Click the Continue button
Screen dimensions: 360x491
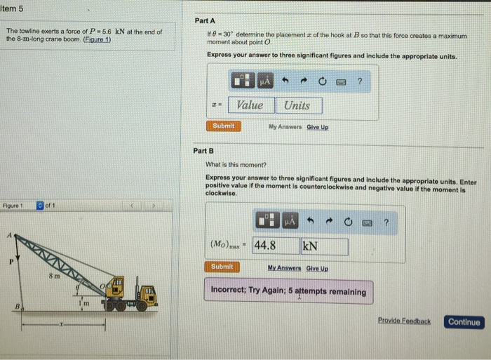pos(464,322)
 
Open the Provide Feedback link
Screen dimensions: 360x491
pos(404,321)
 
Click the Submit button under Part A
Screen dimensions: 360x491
pos(223,126)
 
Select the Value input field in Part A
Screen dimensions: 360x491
pos(250,105)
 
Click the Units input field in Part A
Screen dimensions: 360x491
pos(298,105)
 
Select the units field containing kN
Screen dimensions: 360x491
pos(324,246)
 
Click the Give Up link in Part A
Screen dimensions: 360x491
pos(317,127)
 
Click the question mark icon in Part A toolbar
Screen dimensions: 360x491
pos(359,82)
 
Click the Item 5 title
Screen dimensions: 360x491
pos(14,8)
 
